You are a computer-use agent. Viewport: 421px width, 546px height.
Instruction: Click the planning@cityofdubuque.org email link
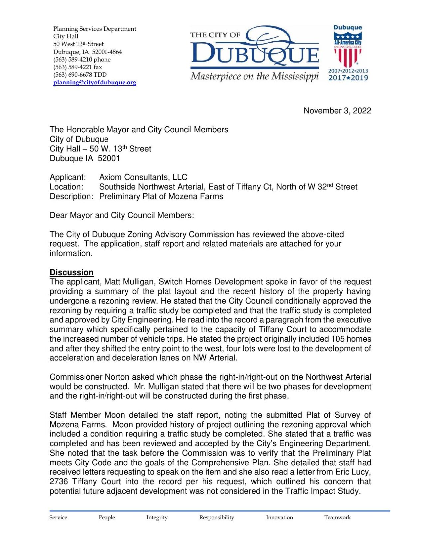(95, 82)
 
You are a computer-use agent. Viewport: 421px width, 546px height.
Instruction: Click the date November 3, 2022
(337, 111)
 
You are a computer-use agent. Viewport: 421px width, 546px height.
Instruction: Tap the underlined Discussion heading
(71, 272)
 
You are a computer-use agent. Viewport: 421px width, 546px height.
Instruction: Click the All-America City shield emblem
(348, 50)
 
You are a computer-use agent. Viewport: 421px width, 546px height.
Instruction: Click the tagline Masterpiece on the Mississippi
(255, 76)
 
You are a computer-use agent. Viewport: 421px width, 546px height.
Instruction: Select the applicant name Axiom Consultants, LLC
(143, 177)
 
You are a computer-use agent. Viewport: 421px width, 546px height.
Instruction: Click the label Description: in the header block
(71, 196)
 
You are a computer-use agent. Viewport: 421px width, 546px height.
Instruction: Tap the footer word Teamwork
(337, 517)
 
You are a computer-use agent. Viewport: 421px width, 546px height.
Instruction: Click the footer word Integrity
(157, 517)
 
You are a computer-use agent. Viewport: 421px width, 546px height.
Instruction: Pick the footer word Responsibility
(217, 517)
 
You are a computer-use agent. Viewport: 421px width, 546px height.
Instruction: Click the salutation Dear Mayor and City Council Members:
(121, 215)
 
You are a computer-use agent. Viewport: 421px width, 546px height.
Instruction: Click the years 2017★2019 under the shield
(348, 78)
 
